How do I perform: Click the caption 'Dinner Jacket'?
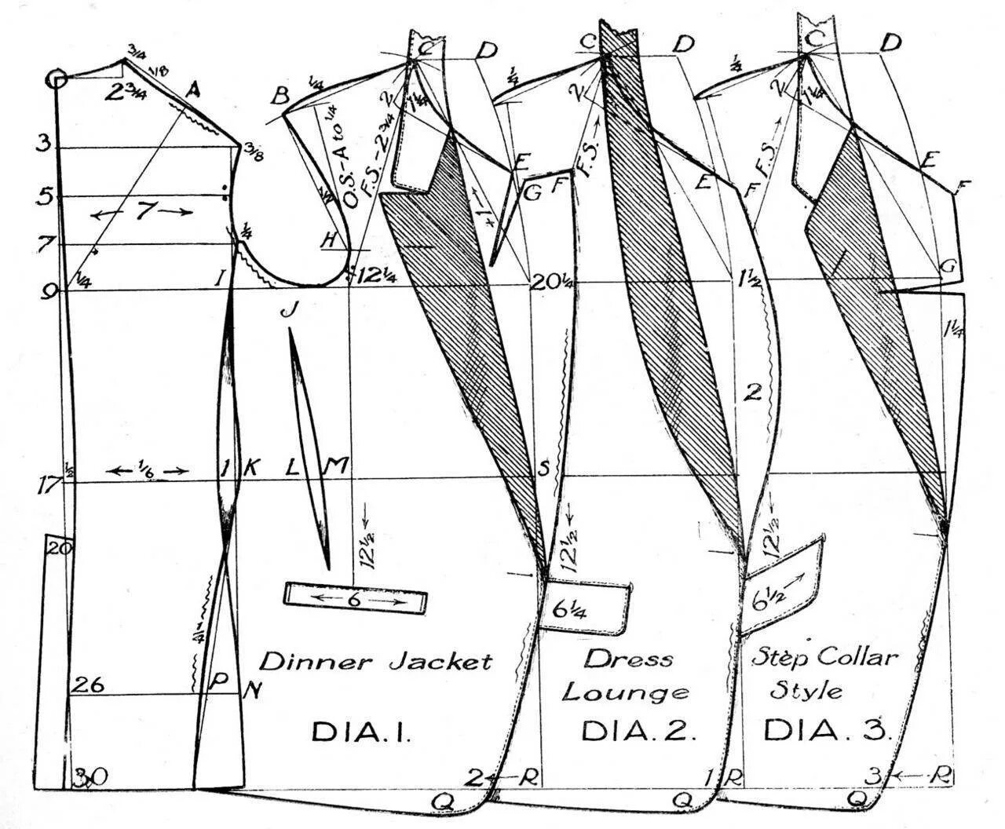click(375, 661)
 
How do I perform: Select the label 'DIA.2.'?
click(639, 732)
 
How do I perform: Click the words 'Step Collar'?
click(824, 657)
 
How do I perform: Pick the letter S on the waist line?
click(542, 469)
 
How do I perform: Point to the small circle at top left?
click(55, 79)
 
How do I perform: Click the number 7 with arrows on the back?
click(142, 212)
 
